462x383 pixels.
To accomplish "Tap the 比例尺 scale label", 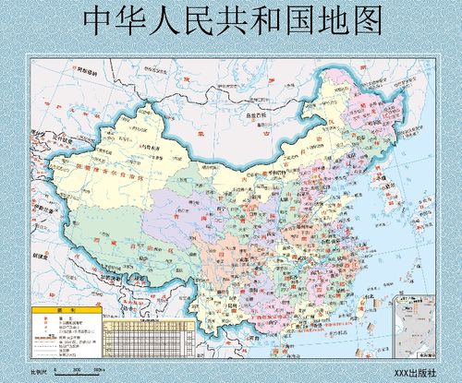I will tap(39, 371).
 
